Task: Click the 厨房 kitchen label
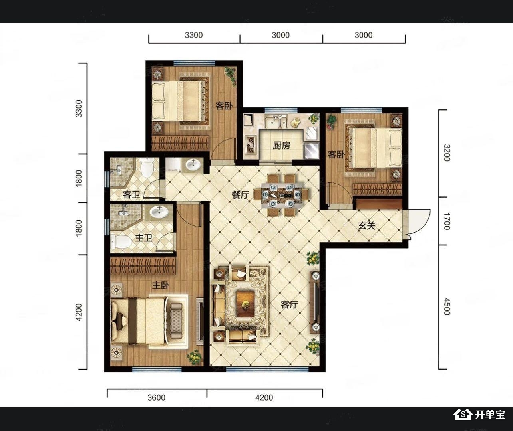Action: click(281, 146)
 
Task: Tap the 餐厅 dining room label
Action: click(240, 195)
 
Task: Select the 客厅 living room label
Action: click(289, 304)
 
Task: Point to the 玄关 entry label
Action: click(366, 225)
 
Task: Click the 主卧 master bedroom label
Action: click(161, 285)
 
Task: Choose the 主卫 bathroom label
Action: click(144, 237)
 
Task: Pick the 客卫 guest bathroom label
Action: click(131, 195)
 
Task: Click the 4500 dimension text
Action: click(447, 306)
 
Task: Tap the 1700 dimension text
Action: click(447, 221)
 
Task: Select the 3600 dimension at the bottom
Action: click(157, 398)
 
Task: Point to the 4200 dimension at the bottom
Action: click(264, 398)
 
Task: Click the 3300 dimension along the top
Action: click(194, 35)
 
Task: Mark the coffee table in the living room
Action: click(245, 304)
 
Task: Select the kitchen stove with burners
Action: click(251, 145)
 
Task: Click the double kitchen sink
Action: click(276, 122)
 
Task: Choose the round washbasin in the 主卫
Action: click(159, 212)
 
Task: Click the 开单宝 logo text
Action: click(490, 415)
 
